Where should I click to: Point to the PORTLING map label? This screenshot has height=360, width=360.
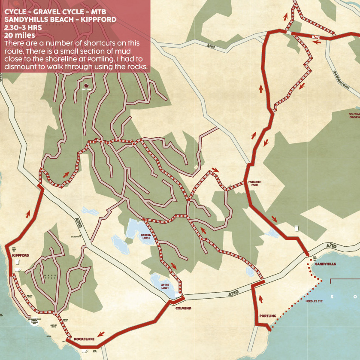coord(268,316)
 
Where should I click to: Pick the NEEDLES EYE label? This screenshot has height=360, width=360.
coord(313,301)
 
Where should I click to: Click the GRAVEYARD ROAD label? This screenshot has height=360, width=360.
coord(342,79)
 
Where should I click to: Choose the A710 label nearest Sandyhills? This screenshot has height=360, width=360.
coord(331,246)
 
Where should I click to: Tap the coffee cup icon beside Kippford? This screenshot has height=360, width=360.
coord(18,269)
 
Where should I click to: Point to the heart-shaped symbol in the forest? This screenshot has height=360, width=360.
coord(85,86)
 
